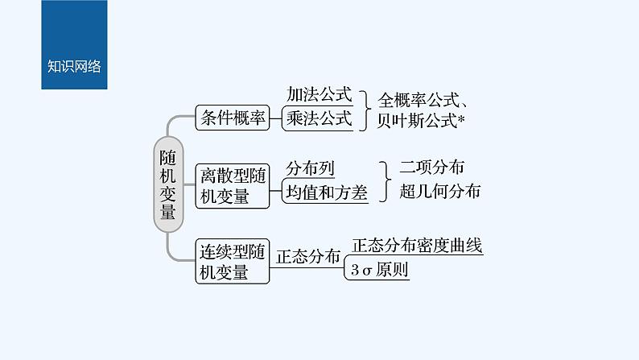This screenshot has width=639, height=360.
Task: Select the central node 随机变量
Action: click(x=167, y=184)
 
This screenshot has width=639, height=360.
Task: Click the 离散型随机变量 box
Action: click(x=233, y=185)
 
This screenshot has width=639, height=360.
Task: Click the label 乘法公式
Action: click(x=319, y=119)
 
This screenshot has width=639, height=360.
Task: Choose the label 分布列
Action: click(x=310, y=168)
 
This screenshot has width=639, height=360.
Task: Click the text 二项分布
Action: click(x=431, y=168)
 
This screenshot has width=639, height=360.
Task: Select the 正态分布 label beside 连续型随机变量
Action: click(x=308, y=258)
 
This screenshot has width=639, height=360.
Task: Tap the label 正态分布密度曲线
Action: click(x=417, y=246)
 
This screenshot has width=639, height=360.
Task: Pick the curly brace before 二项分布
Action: click(x=385, y=180)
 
